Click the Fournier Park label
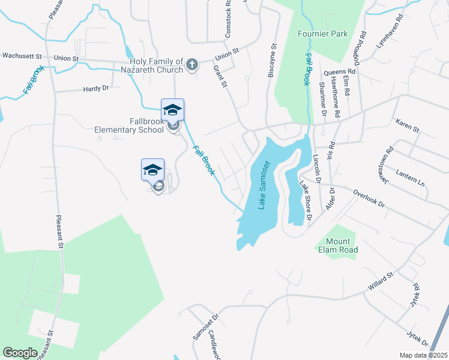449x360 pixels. click(323, 34)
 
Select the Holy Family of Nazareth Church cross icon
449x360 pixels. click(191, 65)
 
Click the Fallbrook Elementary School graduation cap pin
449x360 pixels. click(172, 110)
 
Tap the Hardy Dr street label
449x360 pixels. click(96, 88)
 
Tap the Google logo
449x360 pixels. click(20, 352)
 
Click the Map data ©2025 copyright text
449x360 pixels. click(423, 355)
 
